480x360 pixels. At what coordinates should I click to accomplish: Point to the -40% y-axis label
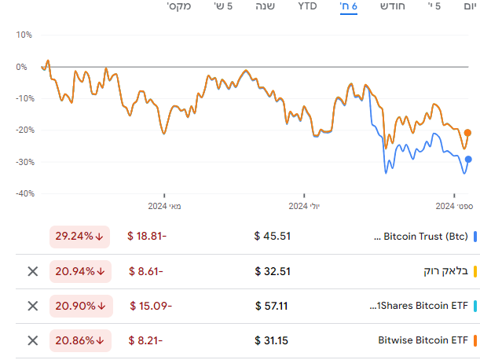click(22, 193)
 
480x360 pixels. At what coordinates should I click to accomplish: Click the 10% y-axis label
click(24, 35)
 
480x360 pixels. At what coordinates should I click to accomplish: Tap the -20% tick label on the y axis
click(22, 130)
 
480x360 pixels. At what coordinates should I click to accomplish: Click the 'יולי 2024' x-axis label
click(310, 206)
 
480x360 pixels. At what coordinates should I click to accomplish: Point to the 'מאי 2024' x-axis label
click(164, 206)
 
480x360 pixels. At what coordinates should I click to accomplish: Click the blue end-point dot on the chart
click(468, 160)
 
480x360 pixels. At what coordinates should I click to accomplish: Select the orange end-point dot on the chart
click(468, 133)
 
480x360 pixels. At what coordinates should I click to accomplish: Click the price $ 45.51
click(273, 236)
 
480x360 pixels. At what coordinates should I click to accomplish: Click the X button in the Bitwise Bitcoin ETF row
click(32, 340)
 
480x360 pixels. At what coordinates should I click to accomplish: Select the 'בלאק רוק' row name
click(445, 271)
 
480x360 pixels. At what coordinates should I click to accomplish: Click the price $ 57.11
click(273, 306)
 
